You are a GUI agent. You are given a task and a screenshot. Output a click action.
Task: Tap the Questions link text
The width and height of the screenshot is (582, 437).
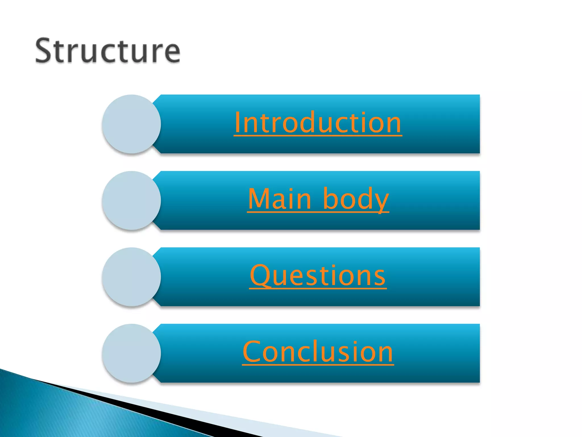click(318, 275)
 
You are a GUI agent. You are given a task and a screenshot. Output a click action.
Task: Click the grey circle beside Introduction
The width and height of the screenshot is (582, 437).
click(131, 124)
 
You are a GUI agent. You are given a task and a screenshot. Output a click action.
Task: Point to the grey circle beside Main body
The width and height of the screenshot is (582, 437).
click(131, 200)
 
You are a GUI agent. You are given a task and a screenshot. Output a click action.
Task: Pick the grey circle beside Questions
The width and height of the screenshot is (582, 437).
click(131, 277)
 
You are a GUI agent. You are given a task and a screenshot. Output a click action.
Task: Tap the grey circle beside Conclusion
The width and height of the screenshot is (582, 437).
click(131, 353)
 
